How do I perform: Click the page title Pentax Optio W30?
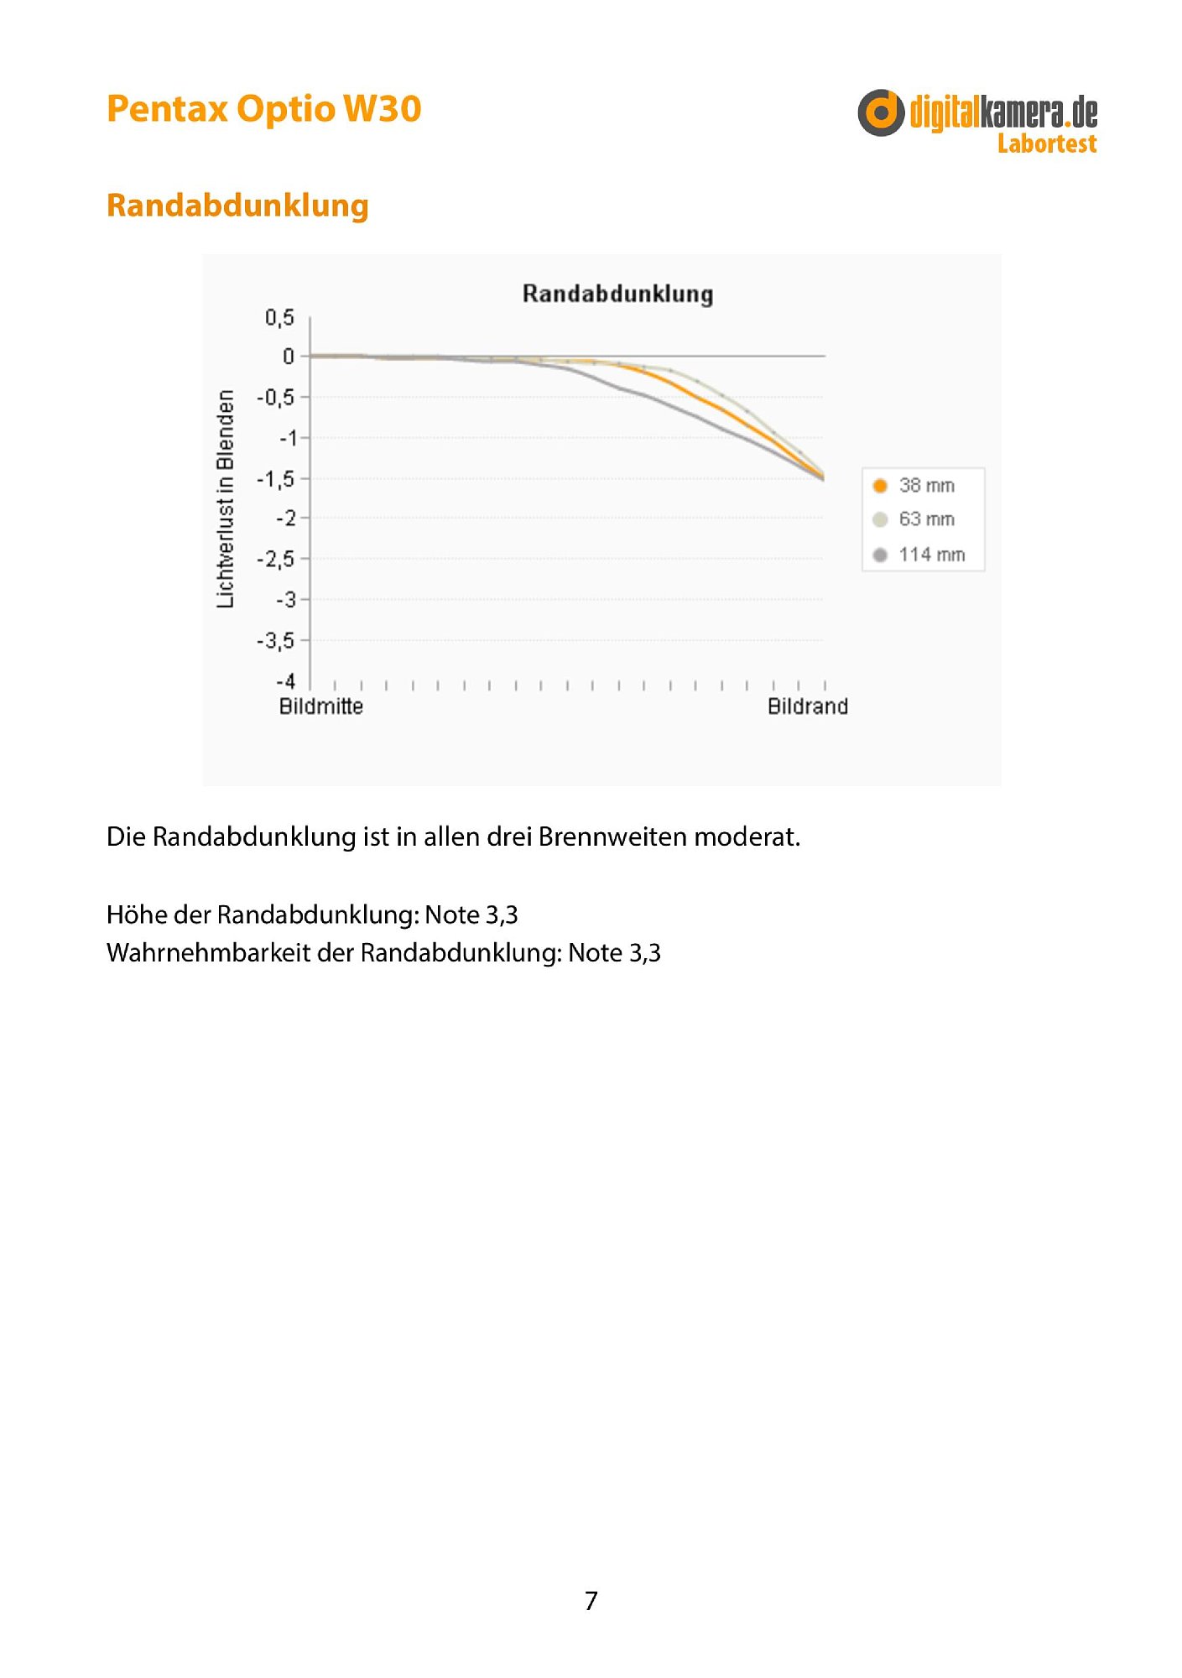263,110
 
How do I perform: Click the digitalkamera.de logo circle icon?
881,112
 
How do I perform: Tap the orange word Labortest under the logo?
1047,143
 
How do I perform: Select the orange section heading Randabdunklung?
237,206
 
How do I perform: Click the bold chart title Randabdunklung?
617,294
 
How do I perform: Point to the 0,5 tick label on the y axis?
279,317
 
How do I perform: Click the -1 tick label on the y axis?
288,438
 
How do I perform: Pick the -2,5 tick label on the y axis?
276,559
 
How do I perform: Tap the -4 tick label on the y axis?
286,680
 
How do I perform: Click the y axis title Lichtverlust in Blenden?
226,498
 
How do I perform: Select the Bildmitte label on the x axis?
321,706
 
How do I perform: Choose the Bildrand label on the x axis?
808,706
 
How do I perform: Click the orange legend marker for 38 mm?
880,486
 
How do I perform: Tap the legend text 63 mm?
927,519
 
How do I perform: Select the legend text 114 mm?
932,555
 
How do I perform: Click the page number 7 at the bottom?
591,1601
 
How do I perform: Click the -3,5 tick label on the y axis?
276,640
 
